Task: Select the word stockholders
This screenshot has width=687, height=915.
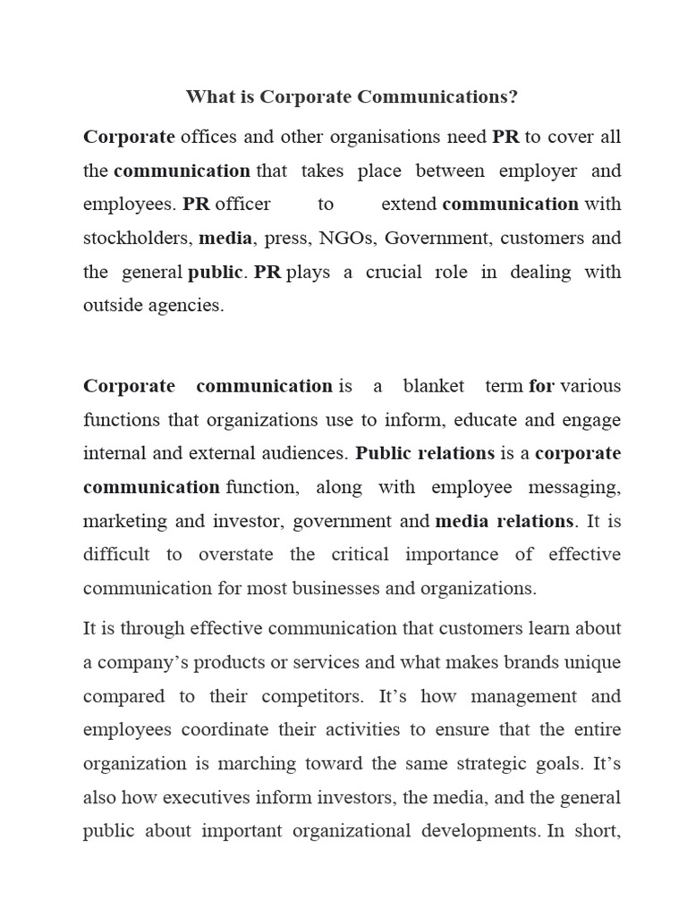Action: click(x=137, y=239)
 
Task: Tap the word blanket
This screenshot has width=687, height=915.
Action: click(x=433, y=386)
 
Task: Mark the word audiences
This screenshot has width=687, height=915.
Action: click(x=302, y=454)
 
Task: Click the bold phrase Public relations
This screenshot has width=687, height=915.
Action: click(x=425, y=453)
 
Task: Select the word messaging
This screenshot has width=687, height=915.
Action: click(x=576, y=487)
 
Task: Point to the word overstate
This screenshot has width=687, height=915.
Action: click(x=235, y=555)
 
